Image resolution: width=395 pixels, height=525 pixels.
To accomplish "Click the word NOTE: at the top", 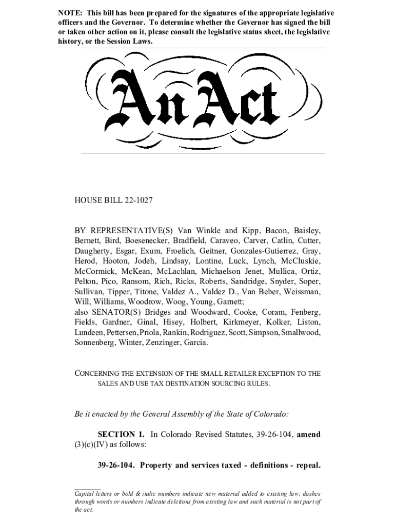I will coord(70,12).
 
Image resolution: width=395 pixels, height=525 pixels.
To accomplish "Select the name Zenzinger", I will coord(167,343).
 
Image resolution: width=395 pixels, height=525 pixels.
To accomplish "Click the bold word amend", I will coord(309,435).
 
